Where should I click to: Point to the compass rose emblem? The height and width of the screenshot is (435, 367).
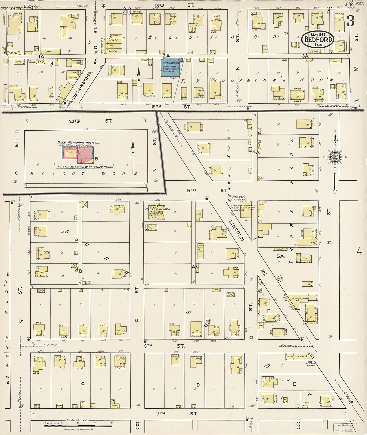[x=334, y=157]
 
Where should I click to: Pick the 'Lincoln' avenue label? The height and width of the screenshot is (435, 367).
[x=237, y=230]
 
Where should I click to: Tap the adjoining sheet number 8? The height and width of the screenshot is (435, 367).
[x=137, y=425]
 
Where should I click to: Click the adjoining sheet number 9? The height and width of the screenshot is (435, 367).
[x=298, y=425]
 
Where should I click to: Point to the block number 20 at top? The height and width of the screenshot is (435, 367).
[x=126, y=11]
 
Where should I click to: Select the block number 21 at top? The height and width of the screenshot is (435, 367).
[x=330, y=11]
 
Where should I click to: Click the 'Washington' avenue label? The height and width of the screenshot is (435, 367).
[x=78, y=88]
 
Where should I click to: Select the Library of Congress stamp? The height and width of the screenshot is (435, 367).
[x=344, y=427]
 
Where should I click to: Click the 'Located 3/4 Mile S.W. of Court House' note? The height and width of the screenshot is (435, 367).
[x=85, y=167]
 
